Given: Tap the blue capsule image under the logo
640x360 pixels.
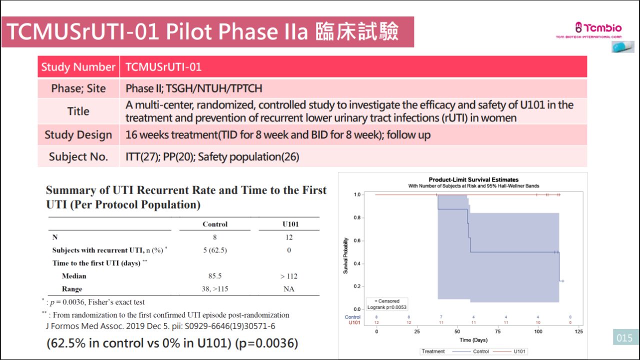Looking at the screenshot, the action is [623, 46].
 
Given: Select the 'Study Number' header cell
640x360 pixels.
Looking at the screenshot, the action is [78, 67].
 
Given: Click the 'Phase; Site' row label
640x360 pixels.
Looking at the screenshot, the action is [78, 88].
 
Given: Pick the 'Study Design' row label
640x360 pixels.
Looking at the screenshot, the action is [78, 134].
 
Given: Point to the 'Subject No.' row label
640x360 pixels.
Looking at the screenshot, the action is [78, 156].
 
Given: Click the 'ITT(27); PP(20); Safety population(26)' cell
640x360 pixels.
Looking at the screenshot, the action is [212, 156].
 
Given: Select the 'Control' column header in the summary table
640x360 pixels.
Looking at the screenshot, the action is [215, 224].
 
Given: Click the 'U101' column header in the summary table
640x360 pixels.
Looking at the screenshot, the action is [290, 224].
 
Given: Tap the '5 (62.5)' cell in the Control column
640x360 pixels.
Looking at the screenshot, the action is [215, 250].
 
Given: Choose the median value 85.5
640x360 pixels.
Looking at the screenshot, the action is [215, 275].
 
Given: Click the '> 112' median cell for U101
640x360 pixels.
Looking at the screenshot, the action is [289, 276].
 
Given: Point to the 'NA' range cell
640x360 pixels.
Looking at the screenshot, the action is [289, 289].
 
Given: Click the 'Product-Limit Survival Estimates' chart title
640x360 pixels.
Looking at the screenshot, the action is [473, 179].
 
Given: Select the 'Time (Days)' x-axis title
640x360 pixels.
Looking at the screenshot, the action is [473, 340].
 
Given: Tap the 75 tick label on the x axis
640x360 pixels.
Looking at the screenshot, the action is [497, 331].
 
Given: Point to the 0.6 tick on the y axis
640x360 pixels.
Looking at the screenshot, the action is [357, 240].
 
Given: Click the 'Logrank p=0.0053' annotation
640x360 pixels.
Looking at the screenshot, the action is [387, 307].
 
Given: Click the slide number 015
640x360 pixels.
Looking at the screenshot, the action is [624, 338].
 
